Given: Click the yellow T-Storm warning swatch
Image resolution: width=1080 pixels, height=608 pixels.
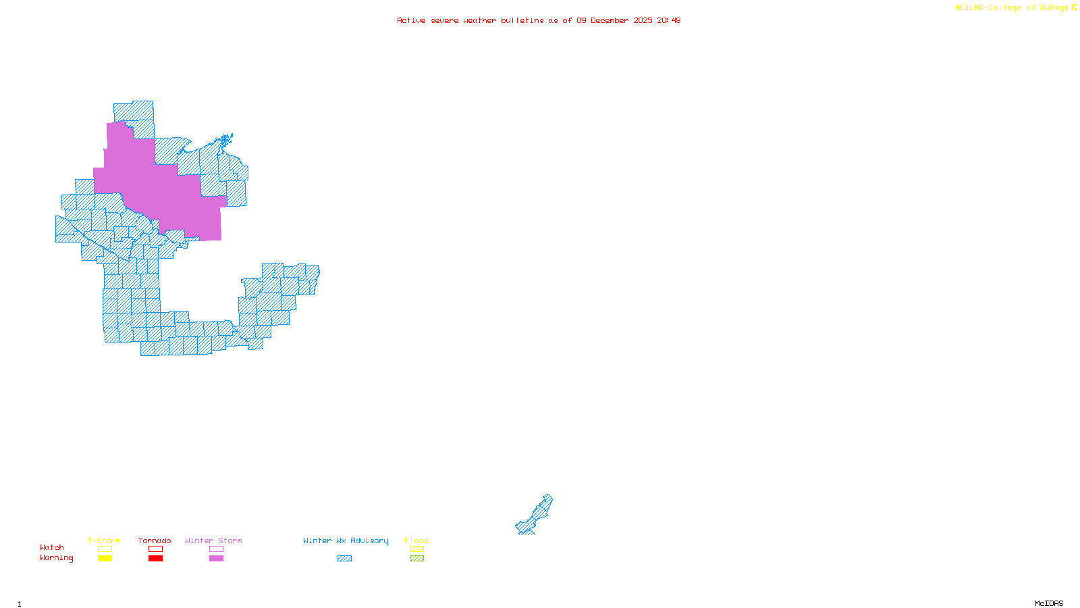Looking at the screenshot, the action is (105, 559).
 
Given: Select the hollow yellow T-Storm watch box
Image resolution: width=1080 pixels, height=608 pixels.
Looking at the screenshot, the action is (105, 549).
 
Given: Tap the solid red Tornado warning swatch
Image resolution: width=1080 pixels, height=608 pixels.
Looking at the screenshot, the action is (155, 559).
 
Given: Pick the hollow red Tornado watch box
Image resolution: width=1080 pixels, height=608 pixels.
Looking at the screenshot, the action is (155, 549).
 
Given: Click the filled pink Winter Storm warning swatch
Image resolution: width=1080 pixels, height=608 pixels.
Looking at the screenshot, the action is (216, 559).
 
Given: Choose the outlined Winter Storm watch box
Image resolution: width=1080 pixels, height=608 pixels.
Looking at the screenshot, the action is (216, 549).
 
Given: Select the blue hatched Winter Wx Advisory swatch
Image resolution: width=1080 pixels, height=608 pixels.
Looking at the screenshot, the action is (344, 559).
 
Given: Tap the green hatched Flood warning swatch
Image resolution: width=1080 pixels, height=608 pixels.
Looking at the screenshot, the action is (416, 559).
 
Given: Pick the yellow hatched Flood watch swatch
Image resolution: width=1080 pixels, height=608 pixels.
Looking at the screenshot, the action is (416, 549).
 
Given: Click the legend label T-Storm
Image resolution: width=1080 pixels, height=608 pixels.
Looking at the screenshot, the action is (104, 540).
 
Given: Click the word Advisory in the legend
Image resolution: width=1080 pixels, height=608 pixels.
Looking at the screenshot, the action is (369, 540).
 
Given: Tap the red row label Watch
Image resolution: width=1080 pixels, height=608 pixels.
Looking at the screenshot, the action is (52, 547).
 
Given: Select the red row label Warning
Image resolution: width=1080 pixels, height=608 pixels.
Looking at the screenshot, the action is (57, 558).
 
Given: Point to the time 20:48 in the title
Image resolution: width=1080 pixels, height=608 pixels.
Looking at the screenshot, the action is (669, 20).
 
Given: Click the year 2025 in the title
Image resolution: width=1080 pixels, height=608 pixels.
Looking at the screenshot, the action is (643, 20).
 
